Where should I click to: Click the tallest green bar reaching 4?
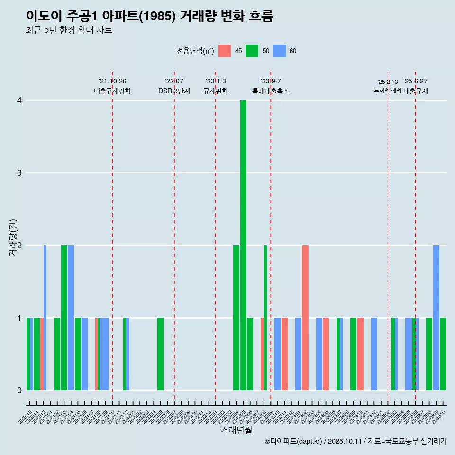(x=243, y=245)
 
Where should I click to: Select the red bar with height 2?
(x=305, y=318)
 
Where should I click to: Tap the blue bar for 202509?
(x=436, y=318)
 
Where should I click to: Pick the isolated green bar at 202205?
(x=160, y=354)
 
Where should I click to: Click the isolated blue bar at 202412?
(x=374, y=354)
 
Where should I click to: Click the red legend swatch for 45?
(x=225, y=51)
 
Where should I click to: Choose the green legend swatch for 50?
(x=252, y=51)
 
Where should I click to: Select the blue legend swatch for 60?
(x=279, y=51)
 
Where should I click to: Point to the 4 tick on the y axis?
(x=19, y=100)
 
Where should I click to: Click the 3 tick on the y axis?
(x=19, y=173)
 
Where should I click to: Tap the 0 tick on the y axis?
(x=19, y=391)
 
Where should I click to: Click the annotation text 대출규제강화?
(x=112, y=91)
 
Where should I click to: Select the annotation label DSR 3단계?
(x=174, y=91)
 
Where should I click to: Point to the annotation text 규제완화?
(x=216, y=91)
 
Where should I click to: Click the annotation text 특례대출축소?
(x=271, y=91)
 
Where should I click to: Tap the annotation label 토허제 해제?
(x=388, y=90)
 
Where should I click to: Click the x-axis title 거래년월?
(x=236, y=430)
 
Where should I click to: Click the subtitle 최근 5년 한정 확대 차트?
(x=69, y=30)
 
